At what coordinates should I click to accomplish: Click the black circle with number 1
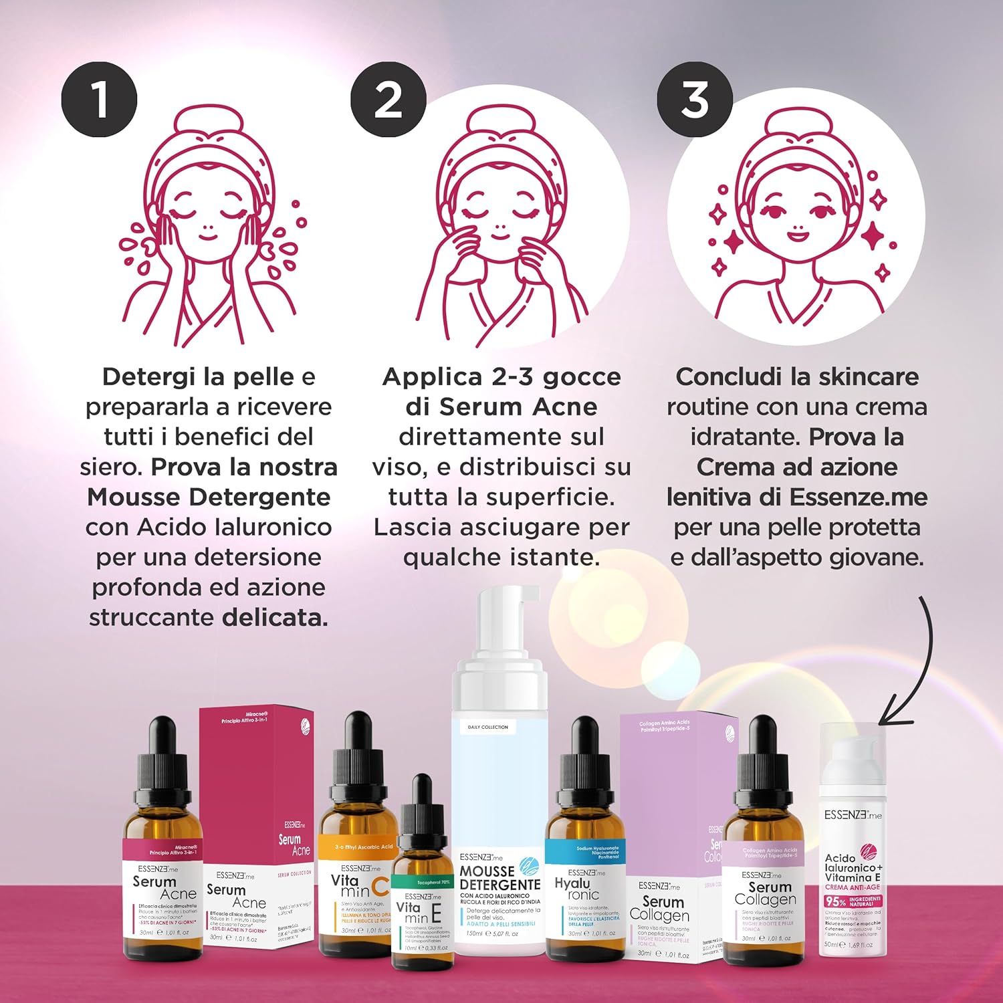[99, 101]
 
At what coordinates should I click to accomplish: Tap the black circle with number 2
[388, 100]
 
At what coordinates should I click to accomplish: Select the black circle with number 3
[695, 100]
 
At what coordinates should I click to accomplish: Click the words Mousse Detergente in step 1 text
[209, 497]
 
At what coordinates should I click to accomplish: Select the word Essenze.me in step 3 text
[859, 497]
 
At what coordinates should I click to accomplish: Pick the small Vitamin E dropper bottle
[420, 896]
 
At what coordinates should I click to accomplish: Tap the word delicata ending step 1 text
[275, 617]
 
